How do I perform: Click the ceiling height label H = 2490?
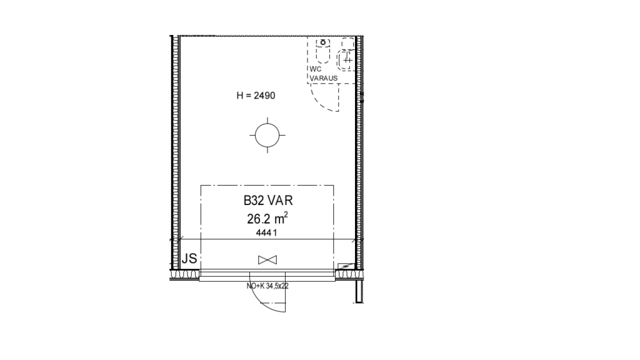pyautogui.click(x=256, y=96)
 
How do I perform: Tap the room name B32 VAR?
pyautogui.click(x=268, y=201)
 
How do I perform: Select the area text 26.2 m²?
pyautogui.click(x=267, y=219)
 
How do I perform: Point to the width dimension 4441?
pyautogui.click(x=266, y=232)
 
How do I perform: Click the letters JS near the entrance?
pyautogui.click(x=189, y=258)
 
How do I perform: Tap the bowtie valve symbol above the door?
pyautogui.click(x=267, y=259)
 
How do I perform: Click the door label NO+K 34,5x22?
pyautogui.click(x=267, y=286)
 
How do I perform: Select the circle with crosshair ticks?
pyautogui.click(x=267, y=135)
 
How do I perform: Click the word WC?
pyautogui.click(x=316, y=69)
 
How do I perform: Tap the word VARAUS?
pyautogui.click(x=324, y=78)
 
